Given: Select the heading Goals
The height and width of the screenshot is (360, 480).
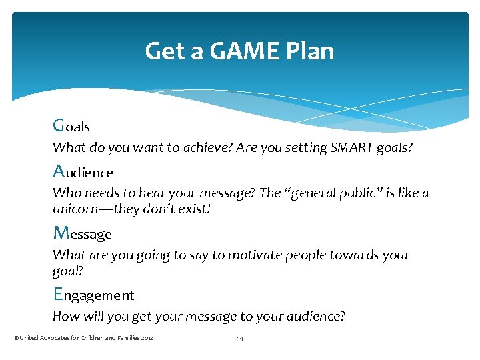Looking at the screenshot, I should pos(71,125).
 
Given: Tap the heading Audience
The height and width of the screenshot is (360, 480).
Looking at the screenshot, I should pos(83,172).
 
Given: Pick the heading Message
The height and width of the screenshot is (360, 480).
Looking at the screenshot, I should pos(82,233).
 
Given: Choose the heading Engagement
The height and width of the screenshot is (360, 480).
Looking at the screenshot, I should pos(93,295).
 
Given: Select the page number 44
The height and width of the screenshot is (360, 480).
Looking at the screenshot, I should pos(239,339).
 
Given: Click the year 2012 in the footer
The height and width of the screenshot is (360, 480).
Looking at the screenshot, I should pos(147,339).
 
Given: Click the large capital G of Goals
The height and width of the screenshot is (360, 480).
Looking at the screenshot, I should pos(59,125).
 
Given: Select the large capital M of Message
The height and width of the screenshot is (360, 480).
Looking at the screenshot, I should pos(61,233).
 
